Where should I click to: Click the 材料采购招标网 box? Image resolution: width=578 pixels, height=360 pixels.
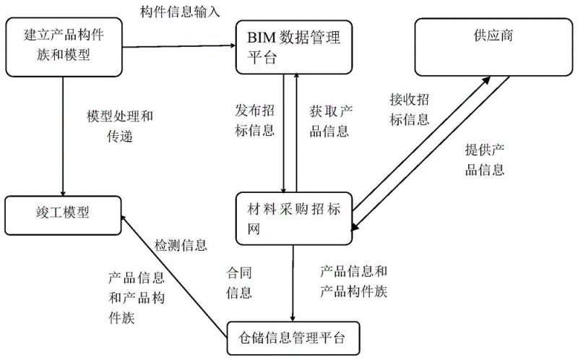click(293, 216)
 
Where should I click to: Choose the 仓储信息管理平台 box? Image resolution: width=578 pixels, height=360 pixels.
click(293, 337)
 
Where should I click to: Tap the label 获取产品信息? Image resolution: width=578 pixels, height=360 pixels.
click(329, 120)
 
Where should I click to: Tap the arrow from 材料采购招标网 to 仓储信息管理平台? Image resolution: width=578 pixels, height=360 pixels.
click(293, 282)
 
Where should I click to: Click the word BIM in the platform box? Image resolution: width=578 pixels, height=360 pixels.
click(262, 34)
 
